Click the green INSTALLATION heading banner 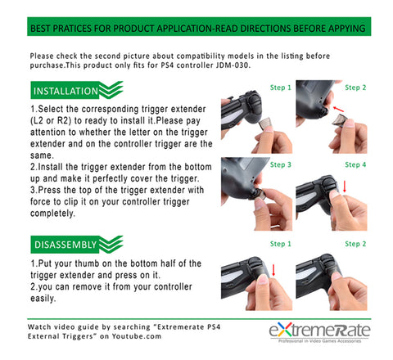click(76, 90)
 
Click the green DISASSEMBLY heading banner click(76, 245)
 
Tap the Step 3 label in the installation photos click(281, 164)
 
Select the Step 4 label click(355, 164)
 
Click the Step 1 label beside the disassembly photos click(281, 244)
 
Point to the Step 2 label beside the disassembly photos click(355, 244)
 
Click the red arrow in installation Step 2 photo click(338, 109)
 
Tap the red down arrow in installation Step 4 click(345, 187)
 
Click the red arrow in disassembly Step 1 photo click(273, 270)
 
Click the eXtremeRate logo click(319, 330)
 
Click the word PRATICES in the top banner click(72, 29)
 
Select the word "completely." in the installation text click(52, 214)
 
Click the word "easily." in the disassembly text click(43, 299)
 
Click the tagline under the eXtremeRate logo click(319, 341)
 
